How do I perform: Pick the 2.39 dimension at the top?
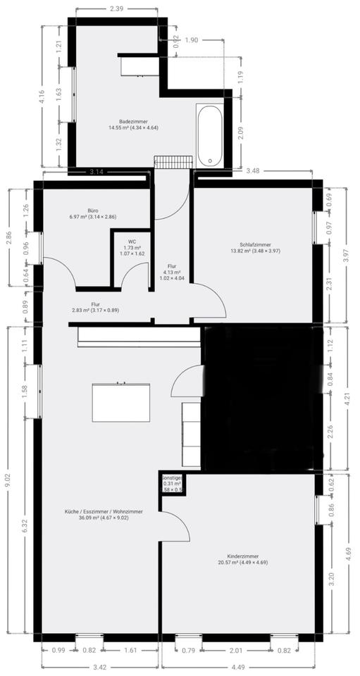[x=117, y=9]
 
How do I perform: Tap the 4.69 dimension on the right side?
[x=347, y=553]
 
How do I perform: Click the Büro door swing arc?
[x=62, y=271]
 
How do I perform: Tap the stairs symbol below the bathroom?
[x=173, y=163]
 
